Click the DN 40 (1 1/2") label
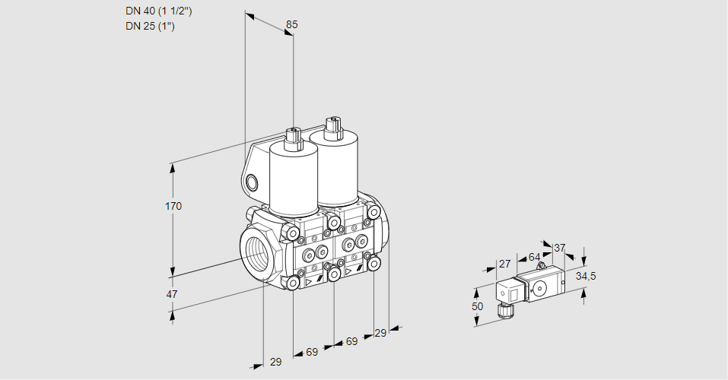(158, 11)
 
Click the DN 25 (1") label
(150, 26)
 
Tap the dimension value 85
(291, 24)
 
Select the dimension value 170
(173, 206)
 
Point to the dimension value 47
(172, 294)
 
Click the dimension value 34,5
(586, 277)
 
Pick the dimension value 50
(477, 306)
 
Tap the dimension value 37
(559, 248)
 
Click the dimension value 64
(534, 257)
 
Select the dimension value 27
(504, 264)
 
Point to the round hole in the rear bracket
(252, 183)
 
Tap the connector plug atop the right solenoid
(332, 128)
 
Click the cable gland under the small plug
(504, 311)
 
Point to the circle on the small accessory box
(539, 289)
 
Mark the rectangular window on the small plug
(514, 293)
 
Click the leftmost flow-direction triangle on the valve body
(309, 282)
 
